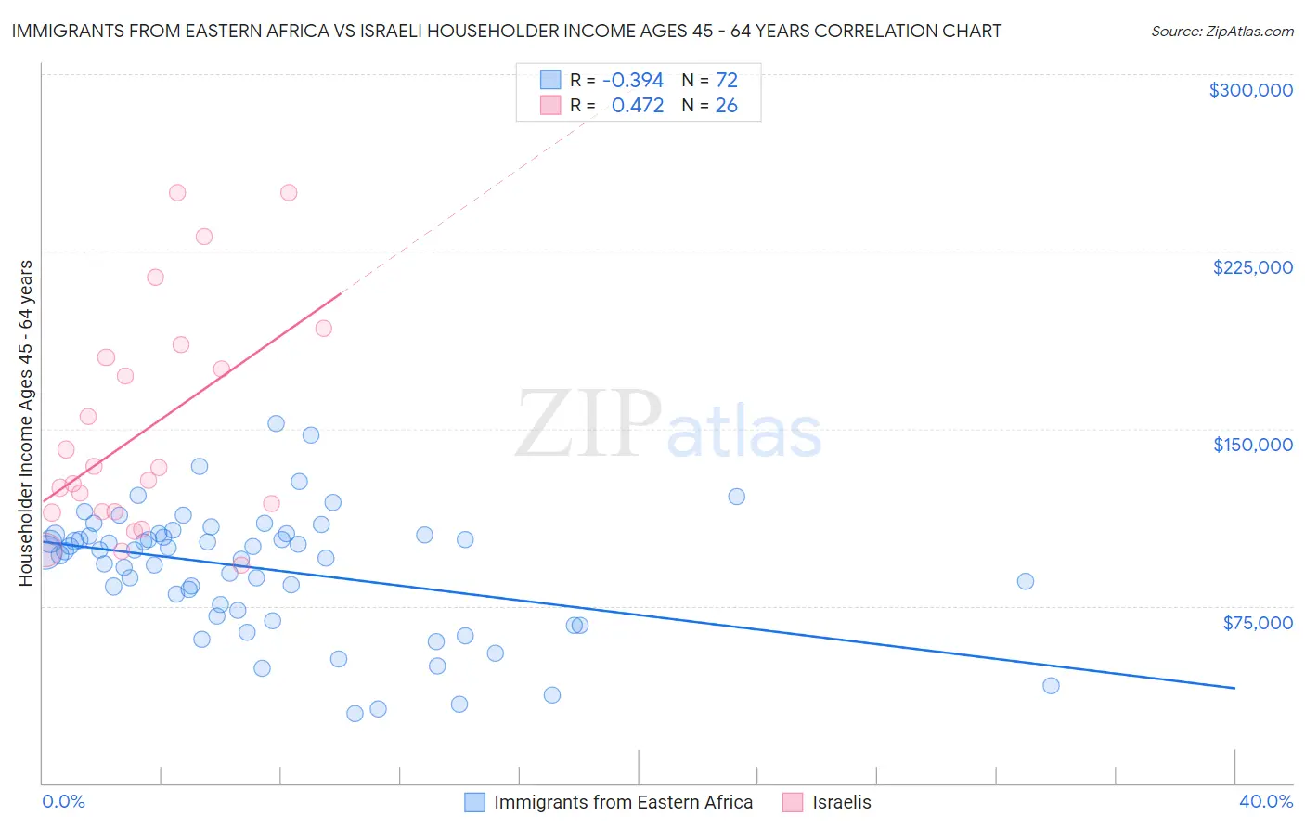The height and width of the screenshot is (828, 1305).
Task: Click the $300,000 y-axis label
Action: [1250, 90]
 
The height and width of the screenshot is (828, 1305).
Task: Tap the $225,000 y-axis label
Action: [1252, 267]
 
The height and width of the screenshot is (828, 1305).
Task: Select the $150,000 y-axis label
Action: [1252, 445]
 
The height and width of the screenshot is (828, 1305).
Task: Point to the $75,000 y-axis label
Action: [1257, 623]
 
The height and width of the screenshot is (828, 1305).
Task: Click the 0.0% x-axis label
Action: [63, 801]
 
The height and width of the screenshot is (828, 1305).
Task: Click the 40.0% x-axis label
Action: [1265, 801]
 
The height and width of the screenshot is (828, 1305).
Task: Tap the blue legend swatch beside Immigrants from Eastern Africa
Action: [474, 802]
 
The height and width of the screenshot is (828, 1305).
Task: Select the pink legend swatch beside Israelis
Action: [793, 802]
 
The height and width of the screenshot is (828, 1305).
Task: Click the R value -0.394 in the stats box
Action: [632, 81]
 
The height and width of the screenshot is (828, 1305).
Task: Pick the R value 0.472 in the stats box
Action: [638, 106]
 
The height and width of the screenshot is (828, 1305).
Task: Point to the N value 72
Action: [726, 81]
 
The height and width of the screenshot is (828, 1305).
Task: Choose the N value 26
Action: [726, 106]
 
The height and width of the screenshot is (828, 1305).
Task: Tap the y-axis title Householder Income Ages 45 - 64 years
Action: [26, 423]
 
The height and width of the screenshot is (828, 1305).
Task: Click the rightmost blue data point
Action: [1051, 686]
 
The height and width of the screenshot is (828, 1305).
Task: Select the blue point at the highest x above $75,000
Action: [1025, 581]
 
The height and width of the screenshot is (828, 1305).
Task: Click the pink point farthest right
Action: [323, 328]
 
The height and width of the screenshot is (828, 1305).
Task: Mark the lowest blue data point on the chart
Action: [355, 714]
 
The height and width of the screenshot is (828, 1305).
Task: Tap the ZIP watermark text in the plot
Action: [588, 424]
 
